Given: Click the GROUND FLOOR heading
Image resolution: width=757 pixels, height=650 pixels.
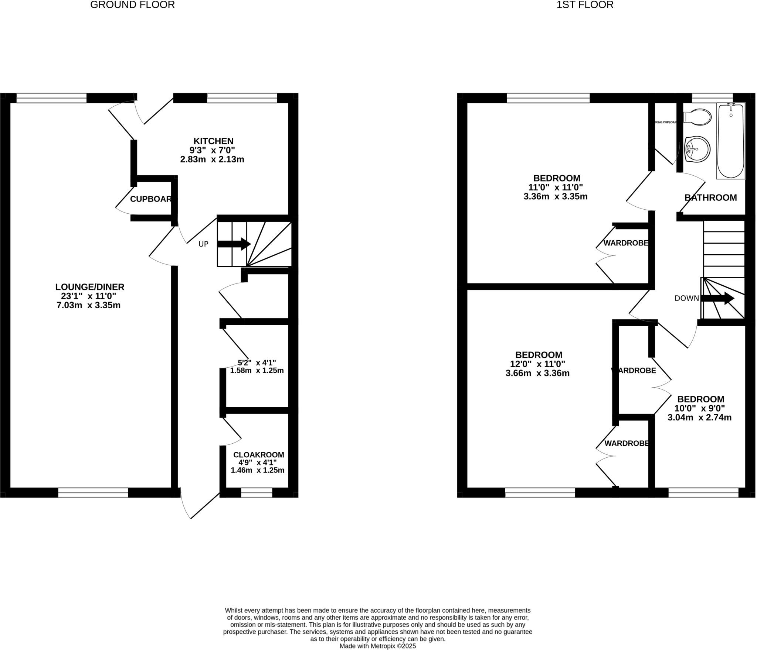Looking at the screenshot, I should [x=132, y=5].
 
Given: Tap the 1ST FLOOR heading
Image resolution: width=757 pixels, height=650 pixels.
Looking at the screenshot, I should [x=585, y=5].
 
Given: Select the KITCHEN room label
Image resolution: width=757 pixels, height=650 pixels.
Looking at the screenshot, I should [x=213, y=141].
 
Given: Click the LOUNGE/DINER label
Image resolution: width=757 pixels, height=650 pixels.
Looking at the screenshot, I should [x=90, y=287].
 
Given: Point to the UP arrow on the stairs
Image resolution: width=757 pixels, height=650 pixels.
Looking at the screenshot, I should [x=234, y=244].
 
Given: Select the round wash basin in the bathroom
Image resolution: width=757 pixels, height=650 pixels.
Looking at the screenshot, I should [x=697, y=149].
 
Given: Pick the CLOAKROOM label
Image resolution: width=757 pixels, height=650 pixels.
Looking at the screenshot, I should [x=258, y=455].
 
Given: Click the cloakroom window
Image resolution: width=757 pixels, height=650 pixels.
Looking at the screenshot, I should [x=257, y=492].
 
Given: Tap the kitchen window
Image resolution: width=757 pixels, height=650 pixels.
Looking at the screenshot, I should [x=242, y=98].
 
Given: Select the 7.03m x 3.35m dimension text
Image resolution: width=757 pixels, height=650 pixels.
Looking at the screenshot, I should [x=89, y=305].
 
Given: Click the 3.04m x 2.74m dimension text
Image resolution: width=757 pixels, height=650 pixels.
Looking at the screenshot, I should [x=699, y=417].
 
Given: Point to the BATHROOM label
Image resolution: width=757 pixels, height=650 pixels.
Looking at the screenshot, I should [x=710, y=197].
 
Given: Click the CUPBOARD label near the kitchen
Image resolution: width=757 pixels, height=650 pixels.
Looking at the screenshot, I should [x=151, y=199].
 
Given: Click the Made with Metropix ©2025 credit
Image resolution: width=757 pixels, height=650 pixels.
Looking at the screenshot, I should [x=377, y=646].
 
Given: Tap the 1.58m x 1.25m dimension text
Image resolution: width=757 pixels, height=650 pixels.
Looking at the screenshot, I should [x=257, y=370].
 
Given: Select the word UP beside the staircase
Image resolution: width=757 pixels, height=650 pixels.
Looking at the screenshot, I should [x=203, y=244].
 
